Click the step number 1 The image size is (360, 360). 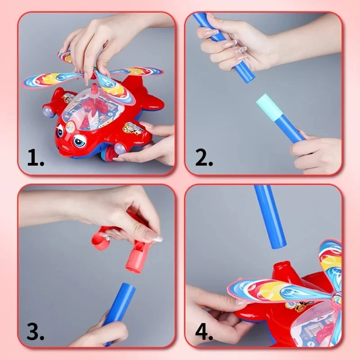point(35,158)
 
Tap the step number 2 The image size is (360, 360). point(204,158)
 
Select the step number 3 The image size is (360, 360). point(35,332)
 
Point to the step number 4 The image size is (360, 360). point(204,332)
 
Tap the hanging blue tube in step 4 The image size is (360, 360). point(270,216)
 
